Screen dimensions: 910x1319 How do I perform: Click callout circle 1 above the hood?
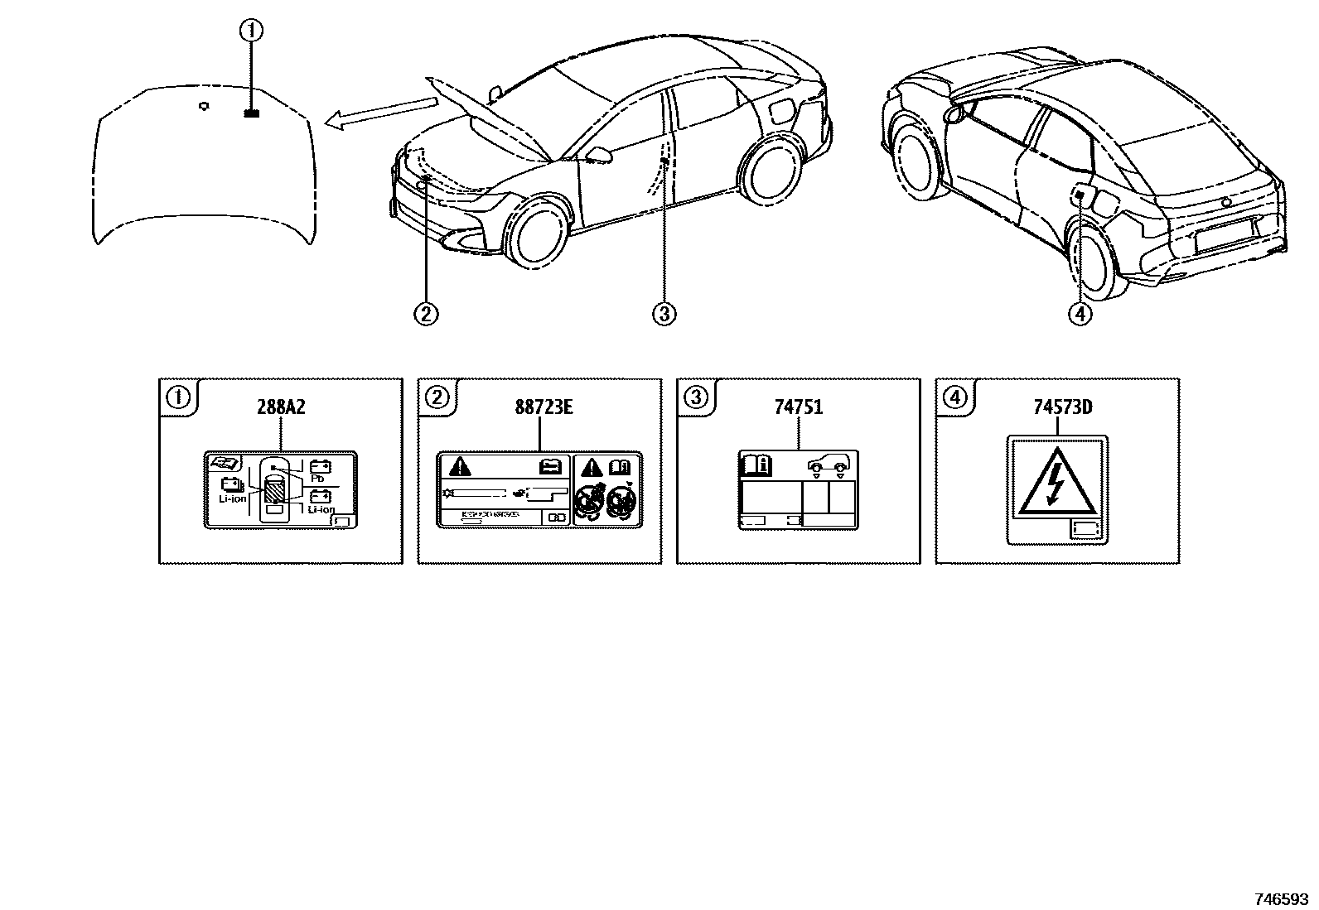[251, 31]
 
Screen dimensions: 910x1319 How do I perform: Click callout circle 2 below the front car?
[425, 314]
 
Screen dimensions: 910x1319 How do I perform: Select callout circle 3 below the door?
[664, 314]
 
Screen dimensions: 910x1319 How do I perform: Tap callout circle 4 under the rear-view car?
[1080, 314]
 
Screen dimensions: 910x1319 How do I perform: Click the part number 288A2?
[281, 407]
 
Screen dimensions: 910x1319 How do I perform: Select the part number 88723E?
[539, 407]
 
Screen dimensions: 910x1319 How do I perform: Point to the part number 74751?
[799, 407]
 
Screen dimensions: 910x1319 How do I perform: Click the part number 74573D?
[1058, 407]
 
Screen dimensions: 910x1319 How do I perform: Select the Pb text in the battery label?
[317, 479]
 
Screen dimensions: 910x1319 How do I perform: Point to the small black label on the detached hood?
[252, 114]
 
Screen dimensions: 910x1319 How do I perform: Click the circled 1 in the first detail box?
[178, 397]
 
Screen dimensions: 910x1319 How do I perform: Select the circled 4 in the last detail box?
[955, 397]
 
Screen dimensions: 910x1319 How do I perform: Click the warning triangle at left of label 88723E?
[460, 467]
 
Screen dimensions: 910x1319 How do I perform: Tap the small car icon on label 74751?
[829, 466]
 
